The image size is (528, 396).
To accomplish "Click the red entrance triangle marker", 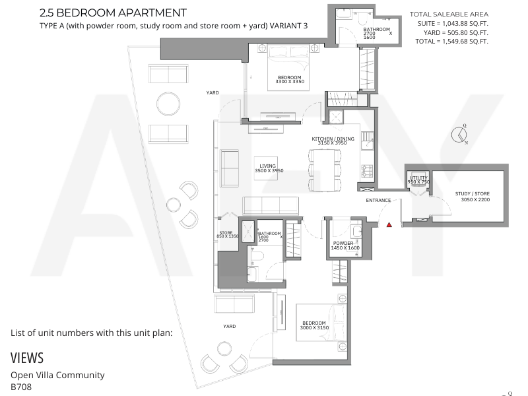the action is tap(389, 224).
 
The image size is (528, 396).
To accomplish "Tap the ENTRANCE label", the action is tap(378, 201).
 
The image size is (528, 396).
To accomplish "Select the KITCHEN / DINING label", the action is tap(333, 139).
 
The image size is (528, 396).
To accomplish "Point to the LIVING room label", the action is tap(267, 166).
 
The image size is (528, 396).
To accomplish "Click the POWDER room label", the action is tap(343, 243).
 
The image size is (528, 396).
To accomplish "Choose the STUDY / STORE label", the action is tap(473, 193).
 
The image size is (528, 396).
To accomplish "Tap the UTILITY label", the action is tap(418, 178).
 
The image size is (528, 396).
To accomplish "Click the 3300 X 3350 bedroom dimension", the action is tap(290, 81).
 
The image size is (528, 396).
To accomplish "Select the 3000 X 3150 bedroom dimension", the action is tap(314, 327).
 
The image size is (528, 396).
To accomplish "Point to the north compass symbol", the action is tap(459, 135).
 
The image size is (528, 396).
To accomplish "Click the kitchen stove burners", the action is tap(367, 171).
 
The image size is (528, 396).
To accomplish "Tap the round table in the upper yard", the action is tap(168, 104).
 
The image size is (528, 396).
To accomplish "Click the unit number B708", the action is tap(21, 387).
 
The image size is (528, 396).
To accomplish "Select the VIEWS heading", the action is tap(27, 358).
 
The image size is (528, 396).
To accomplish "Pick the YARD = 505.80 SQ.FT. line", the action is tap(455, 32).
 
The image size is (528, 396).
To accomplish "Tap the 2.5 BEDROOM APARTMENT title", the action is tap(113, 13).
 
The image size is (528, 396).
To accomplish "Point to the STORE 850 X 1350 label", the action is tap(227, 234).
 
